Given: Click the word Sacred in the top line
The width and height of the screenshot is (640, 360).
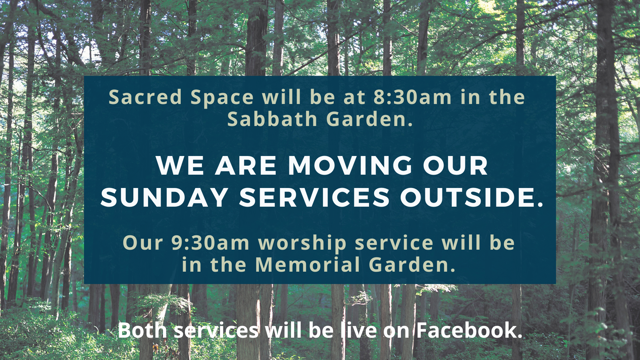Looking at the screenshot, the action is tap(145, 97).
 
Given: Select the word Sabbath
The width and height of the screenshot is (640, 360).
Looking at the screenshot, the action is tap(272, 119).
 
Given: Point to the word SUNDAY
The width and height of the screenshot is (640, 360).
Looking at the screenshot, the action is tap(164, 197).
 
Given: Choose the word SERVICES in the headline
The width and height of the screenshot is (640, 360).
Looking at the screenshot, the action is tap(314, 197).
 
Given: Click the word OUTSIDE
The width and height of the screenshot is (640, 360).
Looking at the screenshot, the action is tap(472, 197).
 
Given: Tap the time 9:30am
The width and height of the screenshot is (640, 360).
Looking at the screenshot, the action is tap(210, 243).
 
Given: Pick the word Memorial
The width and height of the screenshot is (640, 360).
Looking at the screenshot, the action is tap(308, 265).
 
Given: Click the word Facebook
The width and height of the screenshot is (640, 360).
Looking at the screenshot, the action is tap(469, 330).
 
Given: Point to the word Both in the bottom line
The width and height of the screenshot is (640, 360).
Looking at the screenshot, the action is tap(142, 330).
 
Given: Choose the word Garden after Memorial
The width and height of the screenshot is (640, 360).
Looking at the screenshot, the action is tap(412, 265).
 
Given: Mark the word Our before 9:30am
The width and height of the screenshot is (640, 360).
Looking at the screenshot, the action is tap(143, 243).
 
